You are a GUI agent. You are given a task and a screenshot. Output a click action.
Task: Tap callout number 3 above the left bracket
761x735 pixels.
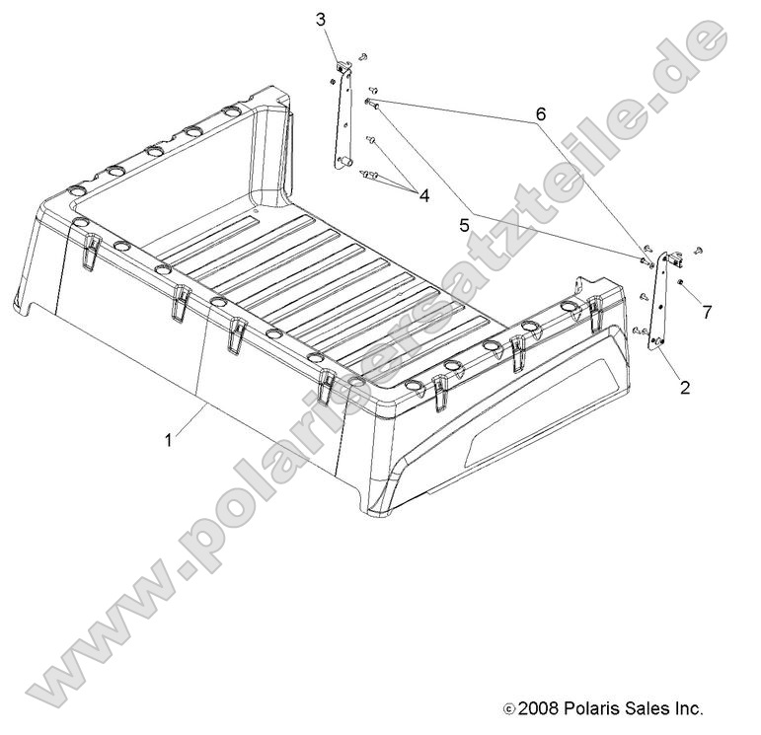(321, 19)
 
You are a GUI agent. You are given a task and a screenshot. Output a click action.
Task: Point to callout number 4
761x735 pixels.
(424, 196)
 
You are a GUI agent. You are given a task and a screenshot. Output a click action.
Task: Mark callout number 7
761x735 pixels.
(705, 313)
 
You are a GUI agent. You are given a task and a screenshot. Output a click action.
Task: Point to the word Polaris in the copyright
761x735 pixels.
(594, 707)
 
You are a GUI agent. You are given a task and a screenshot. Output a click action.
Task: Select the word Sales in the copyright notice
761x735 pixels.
(651, 707)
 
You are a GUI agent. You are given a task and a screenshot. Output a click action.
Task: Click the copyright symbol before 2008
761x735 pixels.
(509, 708)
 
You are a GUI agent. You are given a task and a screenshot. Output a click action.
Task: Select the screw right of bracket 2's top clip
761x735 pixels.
(697, 251)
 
